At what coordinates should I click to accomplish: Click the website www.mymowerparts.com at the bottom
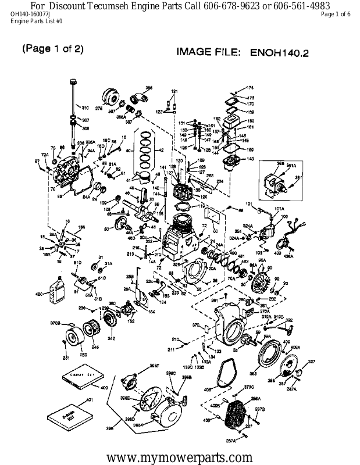point(180,456)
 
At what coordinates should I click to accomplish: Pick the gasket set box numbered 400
point(83,379)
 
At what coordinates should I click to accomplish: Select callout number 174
point(251,87)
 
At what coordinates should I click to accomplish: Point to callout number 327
point(312,362)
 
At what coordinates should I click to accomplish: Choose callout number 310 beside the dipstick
point(85,108)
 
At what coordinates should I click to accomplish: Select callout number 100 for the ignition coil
point(284,216)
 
